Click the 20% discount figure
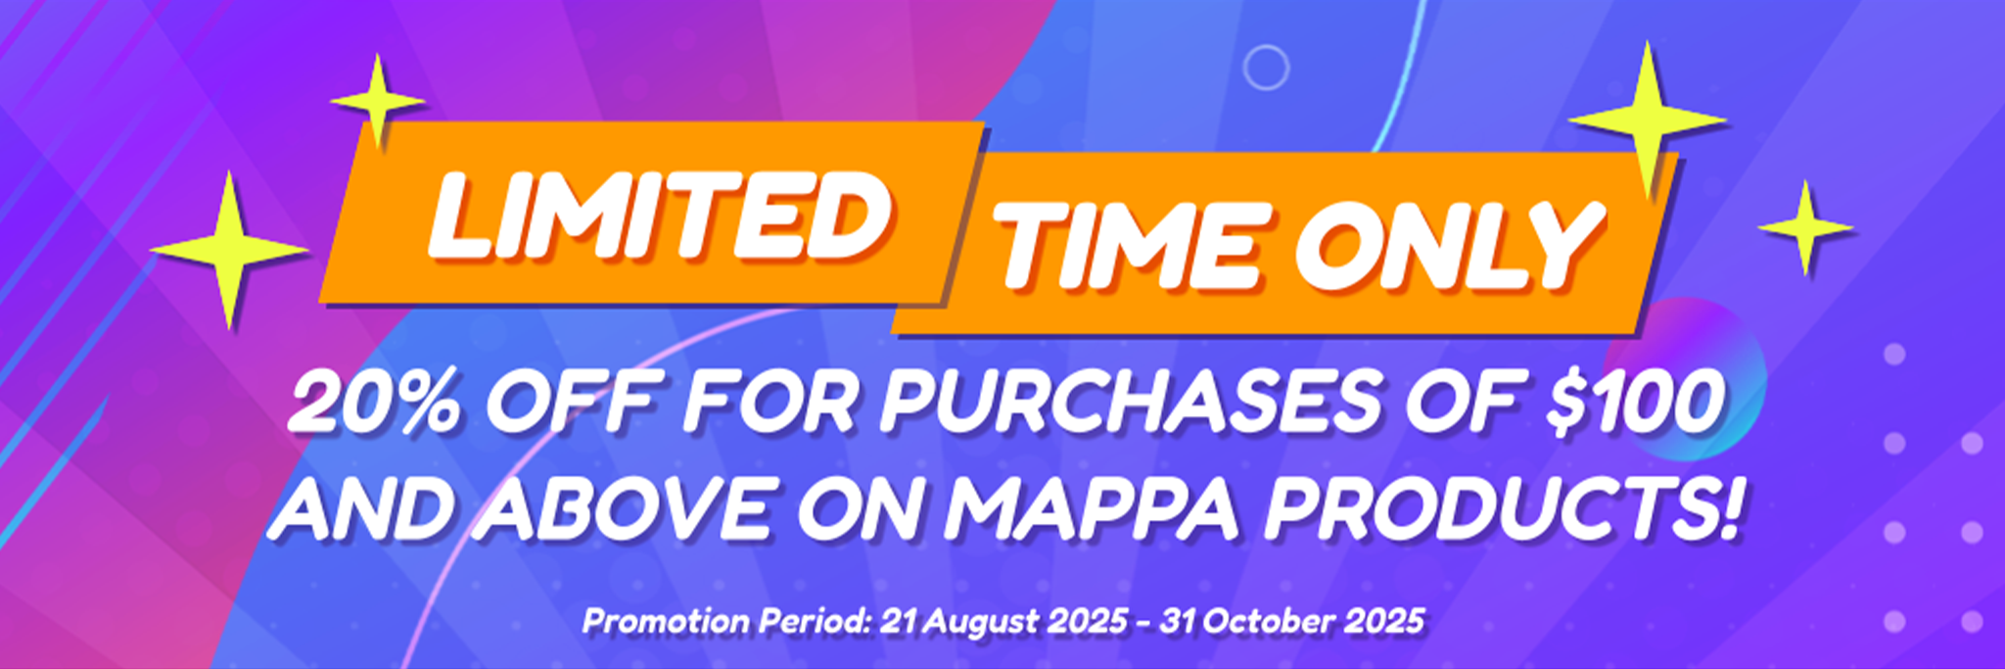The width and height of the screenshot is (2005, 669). click(x=373, y=404)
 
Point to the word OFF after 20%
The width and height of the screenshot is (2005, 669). click(x=570, y=404)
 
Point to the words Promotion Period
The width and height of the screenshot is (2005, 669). click(x=726, y=621)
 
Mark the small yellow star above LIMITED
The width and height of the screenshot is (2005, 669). click(x=377, y=101)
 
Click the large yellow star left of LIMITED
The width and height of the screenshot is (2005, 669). click(x=228, y=251)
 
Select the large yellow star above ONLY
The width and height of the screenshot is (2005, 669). click(x=1648, y=120)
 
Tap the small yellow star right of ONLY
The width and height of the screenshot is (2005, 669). click(x=1805, y=228)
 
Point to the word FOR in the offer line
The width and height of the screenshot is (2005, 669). click(x=769, y=404)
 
